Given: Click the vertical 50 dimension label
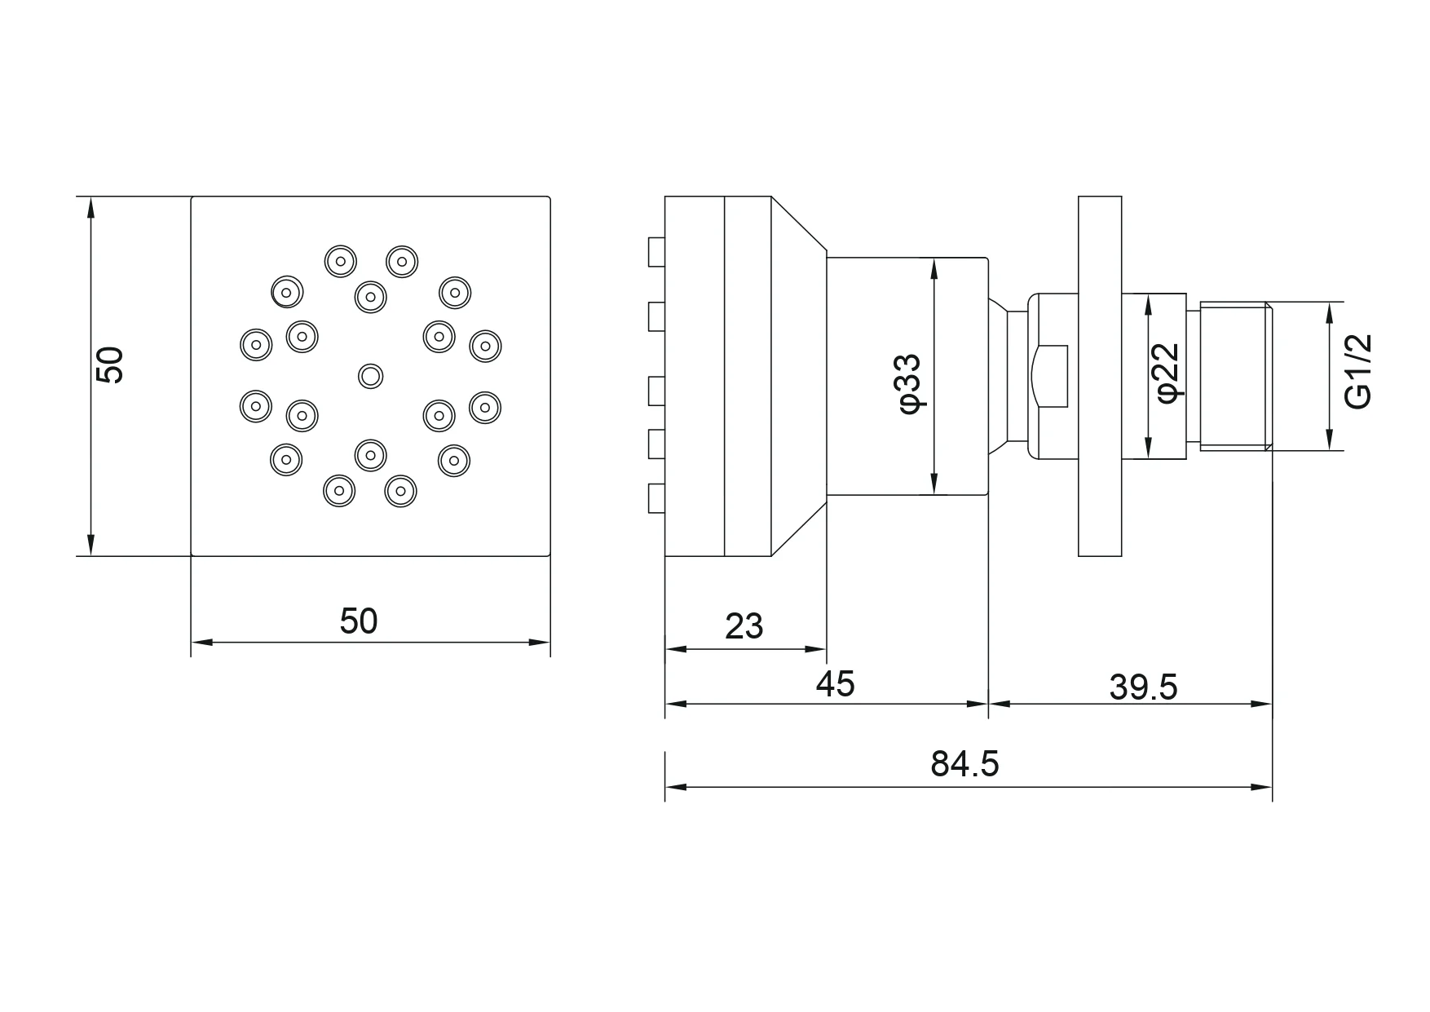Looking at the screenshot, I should pyautogui.click(x=109, y=365).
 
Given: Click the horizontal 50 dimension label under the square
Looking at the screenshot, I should pyautogui.click(x=359, y=621).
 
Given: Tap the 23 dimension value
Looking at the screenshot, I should pyautogui.click(x=744, y=626).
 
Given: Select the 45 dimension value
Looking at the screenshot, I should pyautogui.click(x=835, y=683).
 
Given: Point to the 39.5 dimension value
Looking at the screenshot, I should pyautogui.click(x=1143, y=687).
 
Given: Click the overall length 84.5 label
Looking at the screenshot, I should pyautogui.click(x=964, y=764).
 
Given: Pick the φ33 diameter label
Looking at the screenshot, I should pyautogui.click(x=911, y=382).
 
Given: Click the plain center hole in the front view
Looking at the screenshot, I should pyautogui.click(x=371, y=376).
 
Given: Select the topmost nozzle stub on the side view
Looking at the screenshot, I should pyautogui.click(x=656, y=252).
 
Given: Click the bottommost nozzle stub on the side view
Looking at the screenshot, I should pyautogui.click(x=656, y=498).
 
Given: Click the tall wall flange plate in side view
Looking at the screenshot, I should pyautogui.click(x=1100, y=376).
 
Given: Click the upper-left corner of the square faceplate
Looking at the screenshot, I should pyautogui.click(x=192, y=198).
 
